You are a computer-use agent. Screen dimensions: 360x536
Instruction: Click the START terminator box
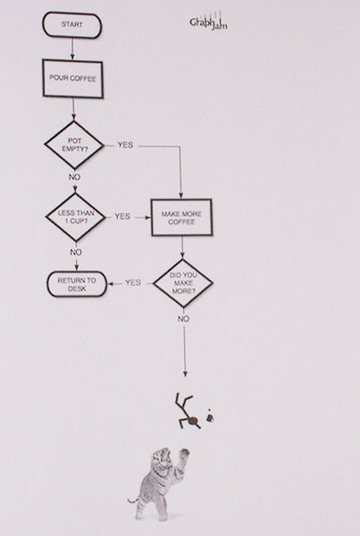pyautogui.click(x=71, y=25)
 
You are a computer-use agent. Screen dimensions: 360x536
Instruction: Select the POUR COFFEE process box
pyautogui.click(x=73, y=79)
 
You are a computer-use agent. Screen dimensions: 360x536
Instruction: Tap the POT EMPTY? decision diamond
pyautogui.click(x=74, y=146)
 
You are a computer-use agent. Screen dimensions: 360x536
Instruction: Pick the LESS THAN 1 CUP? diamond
pyautogui.click(x=76, y=217)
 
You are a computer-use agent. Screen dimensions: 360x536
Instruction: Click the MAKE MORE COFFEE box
pyautogui.click(x=181, y=218)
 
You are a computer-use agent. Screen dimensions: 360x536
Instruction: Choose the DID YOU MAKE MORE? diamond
pyautogui.click(x=183, y=283)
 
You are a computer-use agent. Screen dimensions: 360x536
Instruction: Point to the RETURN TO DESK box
pyautogui.click(x=77, y=284)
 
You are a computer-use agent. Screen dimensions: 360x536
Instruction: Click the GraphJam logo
pyautogui.click(x=208, y=21)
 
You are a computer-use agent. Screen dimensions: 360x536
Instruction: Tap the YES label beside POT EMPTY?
pyautogui.click(x=125, y=145)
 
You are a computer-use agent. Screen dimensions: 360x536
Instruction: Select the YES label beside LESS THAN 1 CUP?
pyautogui.click(x=122, y=216)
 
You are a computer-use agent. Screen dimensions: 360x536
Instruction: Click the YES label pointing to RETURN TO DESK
pyautogui.click(x=132, y=282)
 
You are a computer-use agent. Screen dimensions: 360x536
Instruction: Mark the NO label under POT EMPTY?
pyautogui.click(x=74, y=177)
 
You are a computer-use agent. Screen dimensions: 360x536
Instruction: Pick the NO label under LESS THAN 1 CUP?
pyautogui.click(x=76, y=252)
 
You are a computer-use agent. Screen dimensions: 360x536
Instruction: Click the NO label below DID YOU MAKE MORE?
pyautogui.click(x=183, y=319)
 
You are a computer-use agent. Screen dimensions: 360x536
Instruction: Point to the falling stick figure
pyautogui.click(x=188, y=412)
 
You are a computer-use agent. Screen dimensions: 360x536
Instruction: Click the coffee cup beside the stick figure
pyautogui.click(x=210, y=416)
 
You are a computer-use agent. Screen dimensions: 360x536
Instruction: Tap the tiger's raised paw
pyautogui.click(x=184, y=455)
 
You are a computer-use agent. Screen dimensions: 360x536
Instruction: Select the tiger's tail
pyautogui.click(x=133, y=500)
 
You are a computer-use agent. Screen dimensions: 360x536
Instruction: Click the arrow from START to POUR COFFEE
pyautogui.click(x=72, y=48)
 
